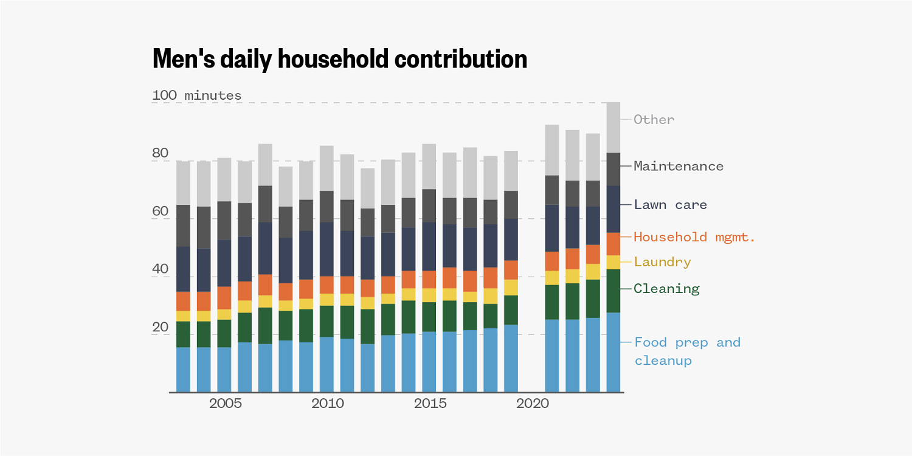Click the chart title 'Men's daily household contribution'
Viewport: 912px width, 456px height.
(339, 59)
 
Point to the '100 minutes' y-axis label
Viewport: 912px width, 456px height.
(196, 95)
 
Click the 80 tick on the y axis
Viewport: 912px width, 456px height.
(160, 153)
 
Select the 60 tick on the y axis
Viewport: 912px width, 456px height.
(160, 212)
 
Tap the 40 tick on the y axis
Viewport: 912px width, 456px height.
(160, 269)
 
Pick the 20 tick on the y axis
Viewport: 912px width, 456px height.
(160, 328)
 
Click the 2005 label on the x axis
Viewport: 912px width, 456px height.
(225, 404)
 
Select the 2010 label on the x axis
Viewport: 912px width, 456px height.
(327, 404)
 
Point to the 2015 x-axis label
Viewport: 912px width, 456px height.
(430, 404)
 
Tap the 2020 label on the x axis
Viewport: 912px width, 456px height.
(533, 404)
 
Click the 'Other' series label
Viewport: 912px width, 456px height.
(654, 120)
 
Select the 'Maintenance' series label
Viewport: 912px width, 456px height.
(679, 166)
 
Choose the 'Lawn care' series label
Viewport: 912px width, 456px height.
(671, 205)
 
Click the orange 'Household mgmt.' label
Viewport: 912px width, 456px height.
(694, 237)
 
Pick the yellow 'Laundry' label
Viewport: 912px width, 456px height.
(662, 262)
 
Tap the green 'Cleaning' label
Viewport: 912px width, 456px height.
(666, 289)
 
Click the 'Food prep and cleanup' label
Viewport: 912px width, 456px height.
(687, 351)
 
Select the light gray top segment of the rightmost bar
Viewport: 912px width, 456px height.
(613, 127)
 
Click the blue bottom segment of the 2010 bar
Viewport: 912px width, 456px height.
(327, 364)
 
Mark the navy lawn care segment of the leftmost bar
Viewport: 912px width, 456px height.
(184, 269)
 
